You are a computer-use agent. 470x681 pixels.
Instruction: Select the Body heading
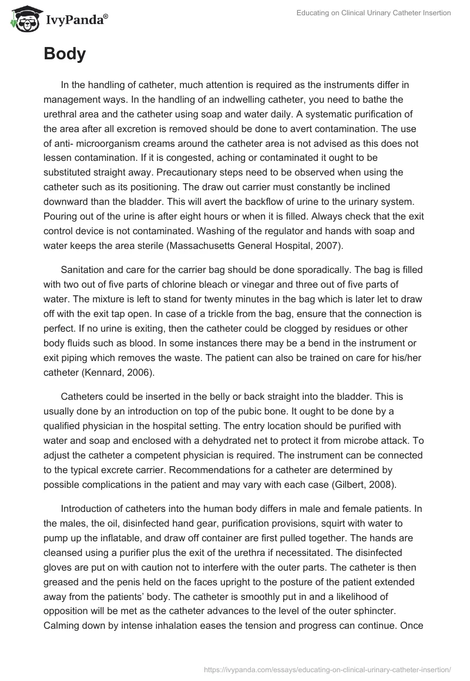coord(65,54)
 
